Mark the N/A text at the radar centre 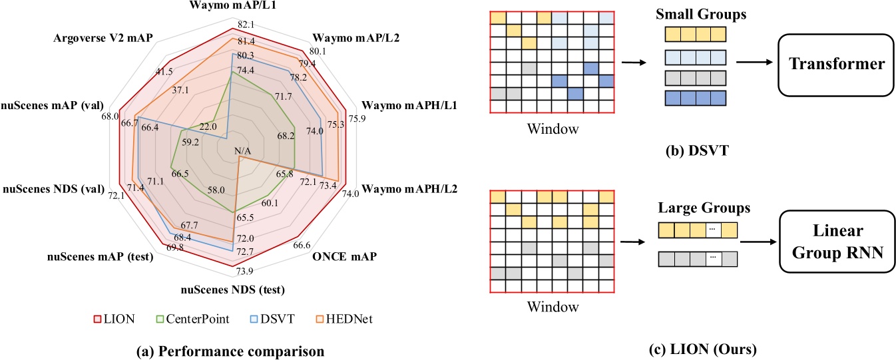243,152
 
